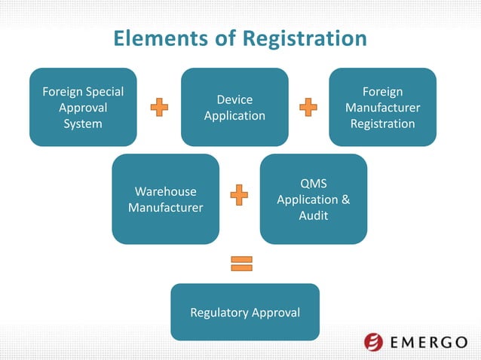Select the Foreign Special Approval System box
click(83, 107)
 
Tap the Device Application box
click(234, 107)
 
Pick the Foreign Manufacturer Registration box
click(382, 107)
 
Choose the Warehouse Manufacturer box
click(165, 199)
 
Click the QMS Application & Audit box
click(313, 199)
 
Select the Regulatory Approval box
click(245, 312)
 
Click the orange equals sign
click(241, 263)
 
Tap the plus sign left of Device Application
click(159, 108)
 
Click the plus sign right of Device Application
click(308, 108)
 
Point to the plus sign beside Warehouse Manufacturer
click(238, 194)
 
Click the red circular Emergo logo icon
click(373, 342)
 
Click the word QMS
click(313, 184)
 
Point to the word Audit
click(313, 215)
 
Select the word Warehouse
click(165, 191)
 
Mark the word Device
click(234, 99)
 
